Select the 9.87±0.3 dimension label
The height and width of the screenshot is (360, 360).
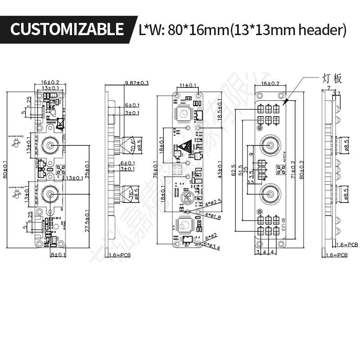tap(137, 83)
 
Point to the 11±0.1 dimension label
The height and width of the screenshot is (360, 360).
tap(188, 85)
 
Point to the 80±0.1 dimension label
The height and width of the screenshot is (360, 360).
tap(5, 170)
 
